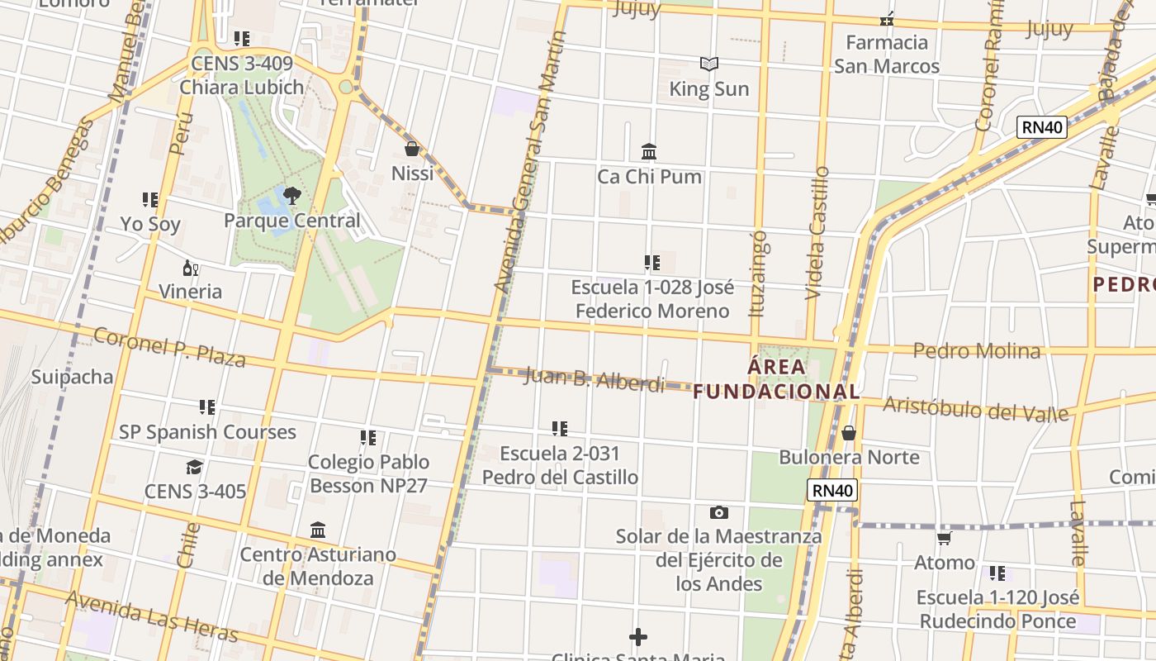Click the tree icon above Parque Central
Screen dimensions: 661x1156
coord(291,196)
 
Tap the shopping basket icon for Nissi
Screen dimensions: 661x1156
coord(411,150)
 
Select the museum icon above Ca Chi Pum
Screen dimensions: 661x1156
coord(649,152)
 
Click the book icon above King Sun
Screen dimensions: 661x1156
coord(708,64)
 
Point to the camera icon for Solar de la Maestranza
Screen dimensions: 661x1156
coord(718,513)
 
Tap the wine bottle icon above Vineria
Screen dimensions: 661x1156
coord(190,268)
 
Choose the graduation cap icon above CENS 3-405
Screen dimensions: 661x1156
coord(195,468)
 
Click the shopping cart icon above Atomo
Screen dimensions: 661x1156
coord(944,539)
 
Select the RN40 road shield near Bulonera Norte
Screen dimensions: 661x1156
coord(832,490)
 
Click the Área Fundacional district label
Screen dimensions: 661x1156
coord(776,378)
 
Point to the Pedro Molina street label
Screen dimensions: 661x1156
coord(976,350)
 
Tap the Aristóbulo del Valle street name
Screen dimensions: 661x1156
coord(975,409)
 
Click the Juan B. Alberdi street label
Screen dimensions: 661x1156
coord(595,380)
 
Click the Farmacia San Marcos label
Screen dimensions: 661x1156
coord(887,54)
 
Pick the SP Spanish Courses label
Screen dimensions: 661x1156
coord(207,431)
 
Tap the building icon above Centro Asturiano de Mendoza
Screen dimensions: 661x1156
coord(318,530)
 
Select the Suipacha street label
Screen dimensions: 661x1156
coord(73,377)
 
